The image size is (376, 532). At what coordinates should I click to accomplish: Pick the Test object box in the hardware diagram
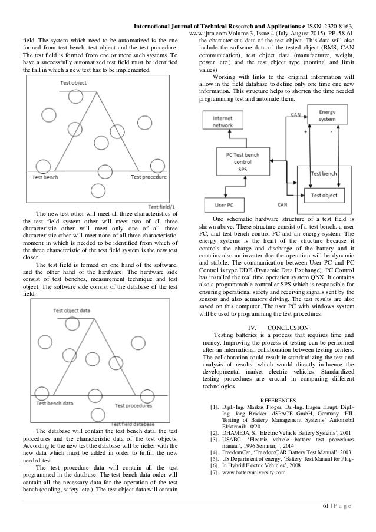[324, 195]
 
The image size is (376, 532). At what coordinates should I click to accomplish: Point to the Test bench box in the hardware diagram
[324, 175]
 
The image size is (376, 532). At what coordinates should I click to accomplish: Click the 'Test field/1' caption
[164, 207]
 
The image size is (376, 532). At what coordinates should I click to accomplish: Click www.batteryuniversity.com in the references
[256, 472]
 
